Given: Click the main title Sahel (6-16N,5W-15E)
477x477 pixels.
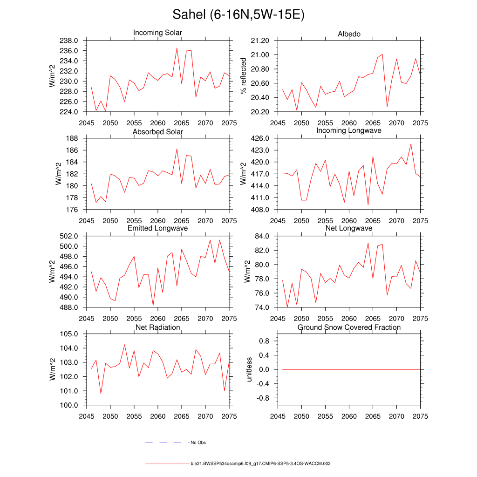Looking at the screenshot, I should point(238,15).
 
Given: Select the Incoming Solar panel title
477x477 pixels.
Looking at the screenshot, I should point(157,33).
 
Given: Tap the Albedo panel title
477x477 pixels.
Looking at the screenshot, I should point(349,34).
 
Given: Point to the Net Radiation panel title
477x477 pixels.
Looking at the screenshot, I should point(157,327).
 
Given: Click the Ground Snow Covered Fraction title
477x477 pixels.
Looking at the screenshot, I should point(349,327).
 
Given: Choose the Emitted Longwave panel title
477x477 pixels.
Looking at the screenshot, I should point(157,228).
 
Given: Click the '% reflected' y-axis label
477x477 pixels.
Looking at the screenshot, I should point(243,76).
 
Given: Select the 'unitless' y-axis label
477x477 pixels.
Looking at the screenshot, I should point(249,369).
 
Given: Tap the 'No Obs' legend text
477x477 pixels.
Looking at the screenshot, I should point(198,443).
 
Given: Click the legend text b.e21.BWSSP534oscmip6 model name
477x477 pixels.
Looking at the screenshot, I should point(260,464).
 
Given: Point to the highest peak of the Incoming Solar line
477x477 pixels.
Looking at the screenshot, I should point(177,48).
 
